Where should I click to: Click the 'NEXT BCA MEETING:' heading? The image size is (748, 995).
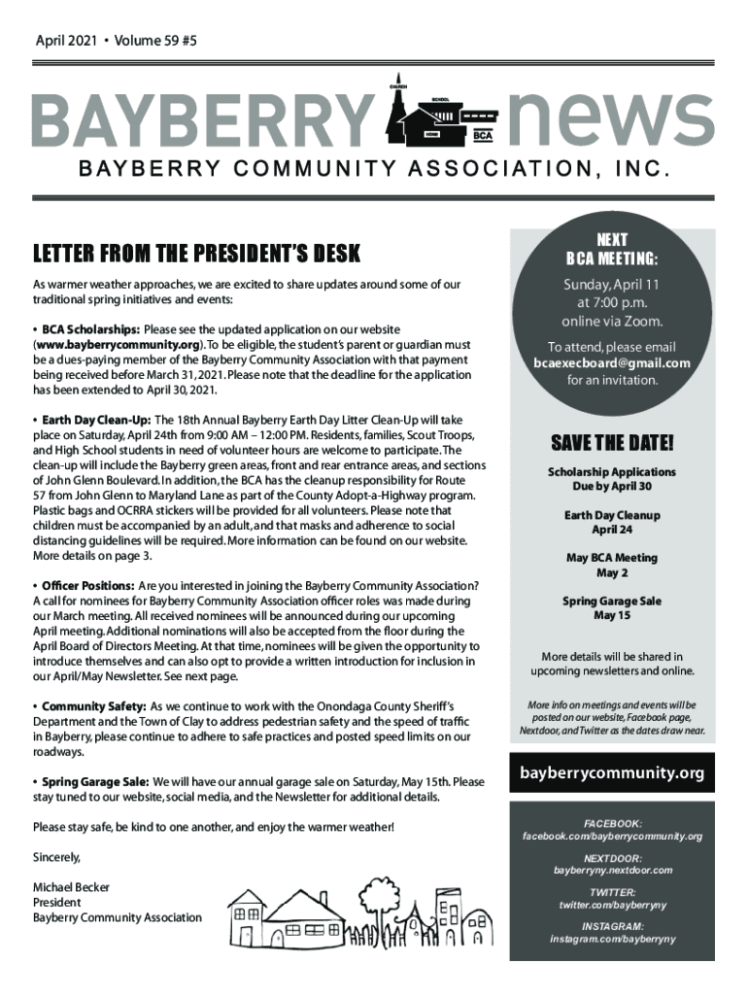tap(611, 249)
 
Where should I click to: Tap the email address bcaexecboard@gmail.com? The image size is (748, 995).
tap(611, 363)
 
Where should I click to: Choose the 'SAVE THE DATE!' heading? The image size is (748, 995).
tap(611, 444)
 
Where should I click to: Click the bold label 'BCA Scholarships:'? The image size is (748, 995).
tap(90, 330)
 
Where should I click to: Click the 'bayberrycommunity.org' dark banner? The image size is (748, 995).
tap(611, 774)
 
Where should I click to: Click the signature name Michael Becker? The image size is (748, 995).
tap(71, 887)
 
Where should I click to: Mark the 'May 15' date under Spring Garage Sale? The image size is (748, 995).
tap(611, 616)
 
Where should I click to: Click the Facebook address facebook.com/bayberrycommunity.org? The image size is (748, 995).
tap(611, 837)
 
